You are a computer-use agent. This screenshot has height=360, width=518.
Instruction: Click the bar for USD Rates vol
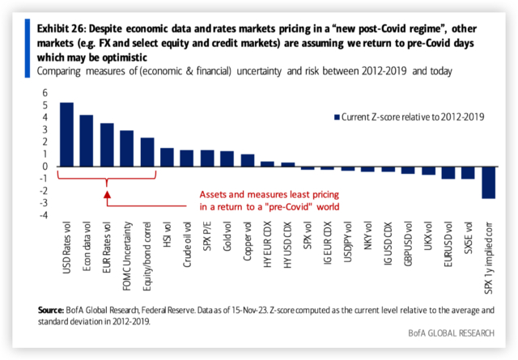67,134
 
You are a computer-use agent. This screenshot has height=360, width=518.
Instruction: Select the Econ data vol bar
87,141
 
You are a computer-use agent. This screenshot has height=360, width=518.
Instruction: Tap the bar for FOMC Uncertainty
127,148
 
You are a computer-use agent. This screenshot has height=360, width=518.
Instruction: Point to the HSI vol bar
168,157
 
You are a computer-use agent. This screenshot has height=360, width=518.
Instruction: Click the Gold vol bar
227,159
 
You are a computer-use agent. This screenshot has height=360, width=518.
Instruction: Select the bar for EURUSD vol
448,172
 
